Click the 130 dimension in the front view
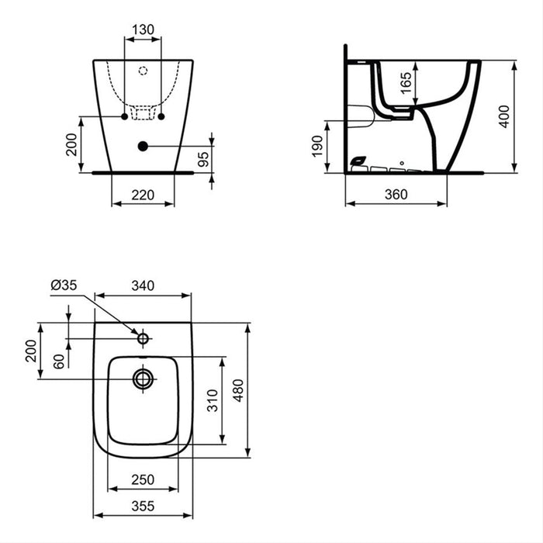(144, 29)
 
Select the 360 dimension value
(396, 195)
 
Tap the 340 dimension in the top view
(143, 285)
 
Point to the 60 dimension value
(58, 360)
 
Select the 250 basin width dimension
(144, 480)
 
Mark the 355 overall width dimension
(144, 506)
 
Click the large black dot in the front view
(142, 146)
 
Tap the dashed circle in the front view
(142, 71)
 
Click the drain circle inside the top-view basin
(143, 379)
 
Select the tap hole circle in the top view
(143, 338)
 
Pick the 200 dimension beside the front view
(72, 144)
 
